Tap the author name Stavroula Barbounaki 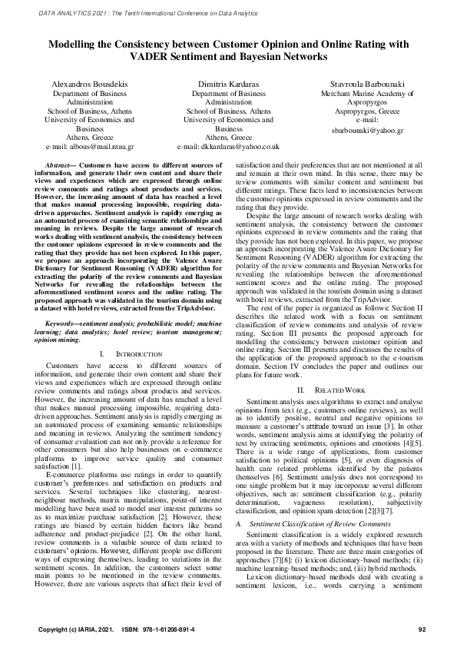pos(363,81)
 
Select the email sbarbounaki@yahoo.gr pos(363,131)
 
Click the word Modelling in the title pos(76,45)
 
